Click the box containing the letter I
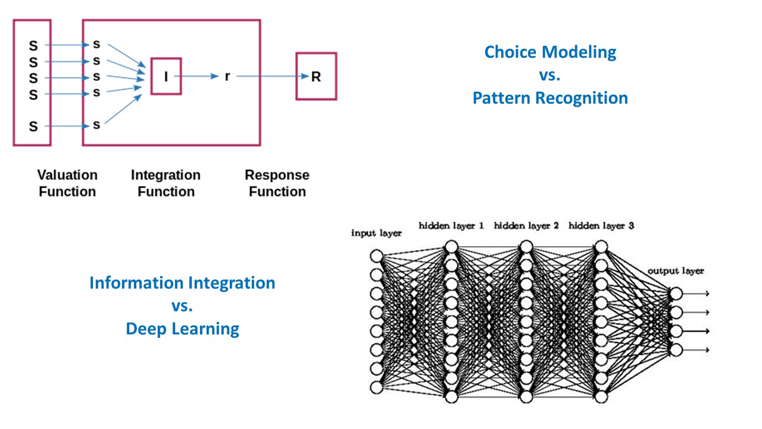click(x=166, y=76)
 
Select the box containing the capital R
click(x=316, y=76)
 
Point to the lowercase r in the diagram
click(x=227, y=77)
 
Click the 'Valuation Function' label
click(x=67, y=183)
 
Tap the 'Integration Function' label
click(x=165, y=183)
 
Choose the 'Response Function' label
click(x=277, y=183)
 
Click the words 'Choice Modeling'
click(x=550, y=52)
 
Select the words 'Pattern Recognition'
click(x=550, y=98)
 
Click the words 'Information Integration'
click(x=182, y=282)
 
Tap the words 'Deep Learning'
click(x=182, y=328)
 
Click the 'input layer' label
click(x=376, y=233)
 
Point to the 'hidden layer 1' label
click(x=451, y=226)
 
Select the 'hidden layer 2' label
click(x=526, y=226)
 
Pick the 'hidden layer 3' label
click(x=601, y=226)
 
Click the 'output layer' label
click(x=676, y=271)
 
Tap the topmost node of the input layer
click(x=376, y=256)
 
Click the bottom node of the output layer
click(x=676, y=350)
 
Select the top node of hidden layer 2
click(x=526, y=246)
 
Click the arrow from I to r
click(x=199, y=77)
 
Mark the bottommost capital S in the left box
click(x=33, y=126)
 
